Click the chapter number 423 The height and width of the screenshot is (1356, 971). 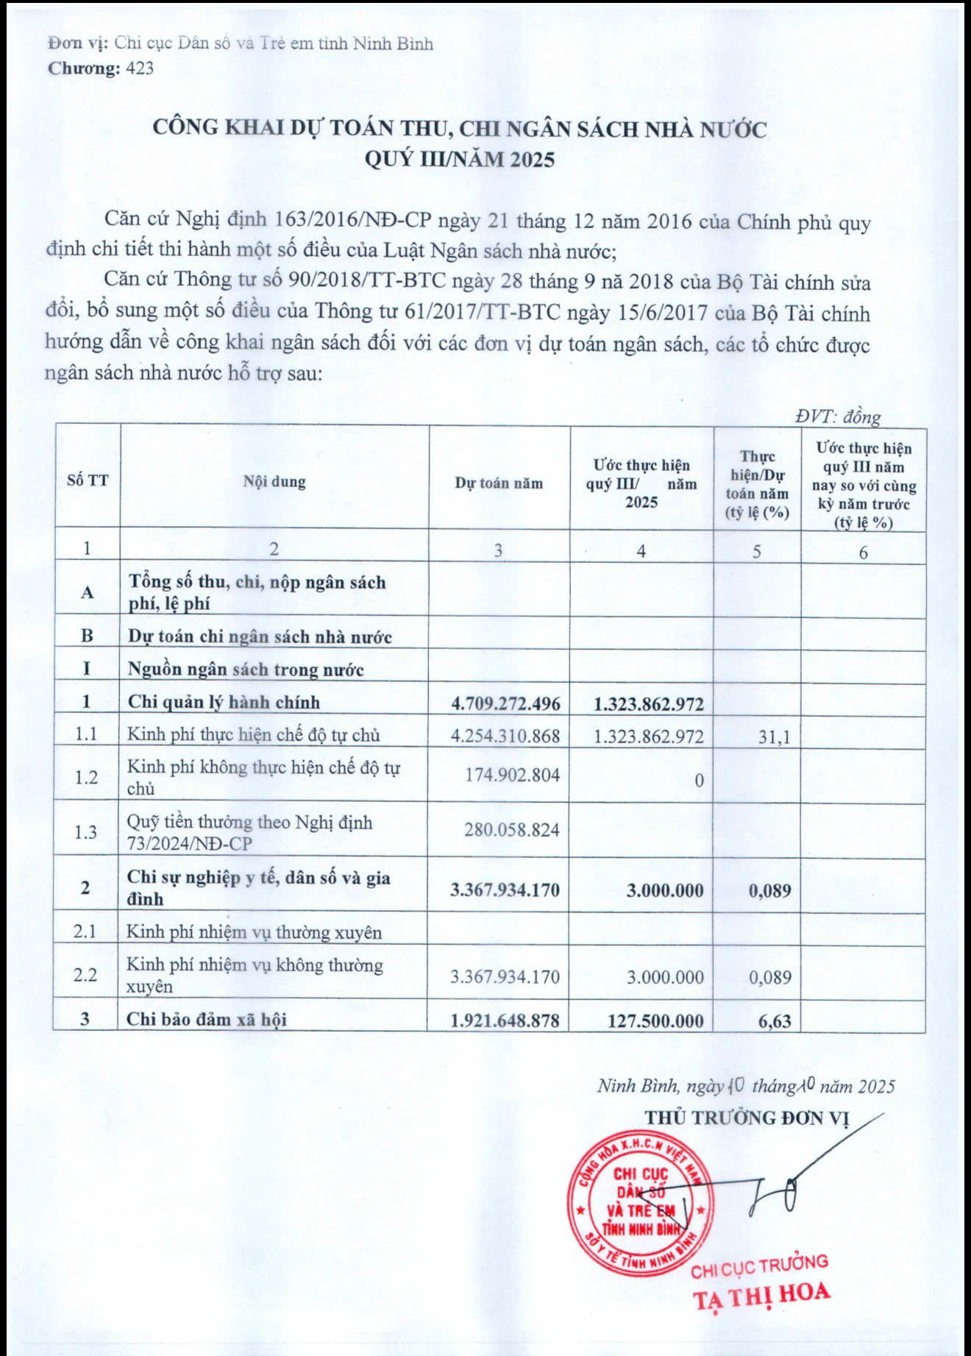pos(141,68)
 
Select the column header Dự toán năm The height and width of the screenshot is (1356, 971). pos(499,483)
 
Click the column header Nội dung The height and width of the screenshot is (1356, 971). pos(274,482)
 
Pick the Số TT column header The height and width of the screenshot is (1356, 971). pos(88,481)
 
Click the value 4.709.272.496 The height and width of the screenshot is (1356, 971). pos(505,703)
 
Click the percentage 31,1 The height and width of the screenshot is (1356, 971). pos(774,736)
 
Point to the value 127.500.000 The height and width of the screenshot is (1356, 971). pos(655,1020)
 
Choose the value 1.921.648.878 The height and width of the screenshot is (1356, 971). pos(505,1020)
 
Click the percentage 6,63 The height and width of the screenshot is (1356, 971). pos(770,1020)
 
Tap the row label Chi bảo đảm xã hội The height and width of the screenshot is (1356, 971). pos(207,1019)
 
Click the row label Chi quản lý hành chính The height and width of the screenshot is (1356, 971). pos(224,702)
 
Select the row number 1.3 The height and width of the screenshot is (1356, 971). pos(86,831)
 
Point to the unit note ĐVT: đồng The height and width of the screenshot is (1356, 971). pos(838,416)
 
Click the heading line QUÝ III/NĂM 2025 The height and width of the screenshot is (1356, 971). pos(460,159)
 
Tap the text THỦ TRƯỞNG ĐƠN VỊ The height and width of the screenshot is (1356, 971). pos(747,1118)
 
